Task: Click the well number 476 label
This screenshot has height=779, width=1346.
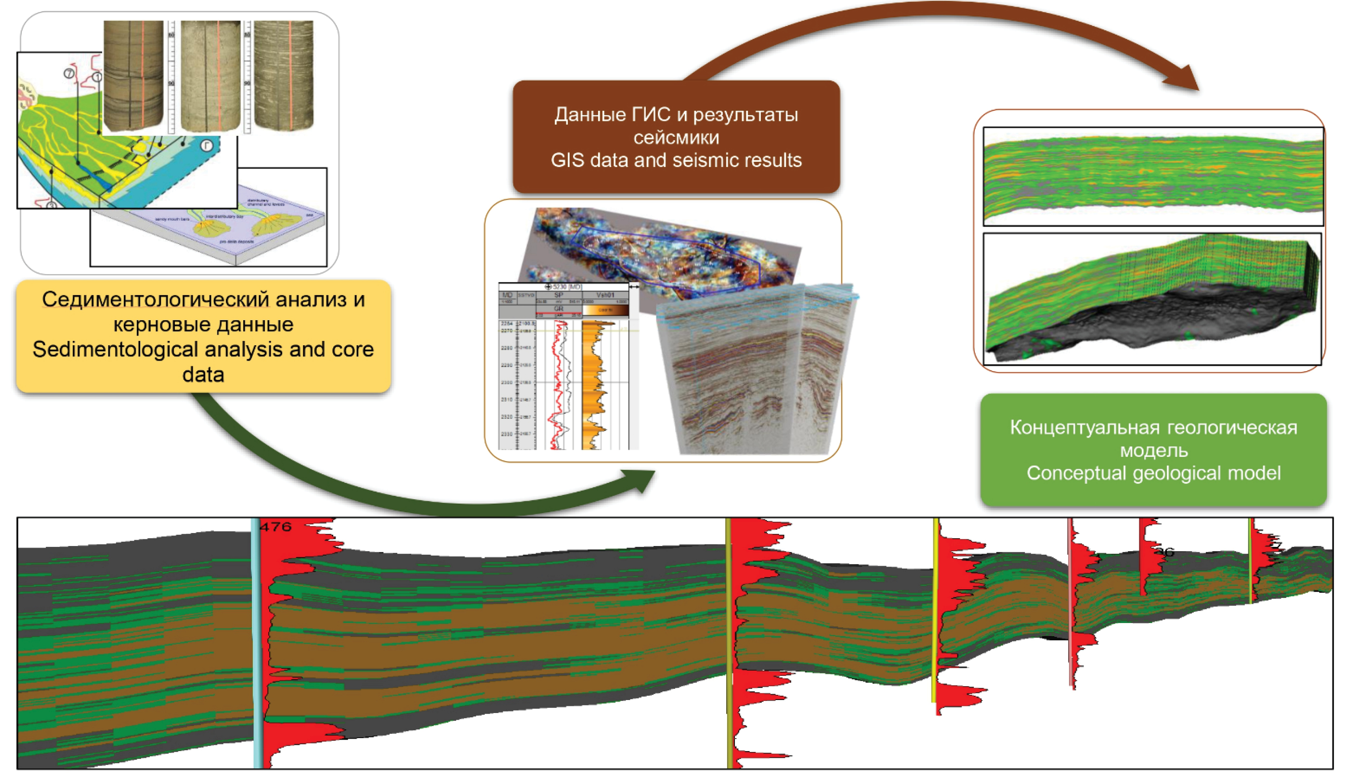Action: (x=275, y=527)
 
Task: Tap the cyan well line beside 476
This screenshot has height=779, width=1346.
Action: (x=257, y=641)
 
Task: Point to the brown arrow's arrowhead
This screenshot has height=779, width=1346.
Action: (x=1183, y=80)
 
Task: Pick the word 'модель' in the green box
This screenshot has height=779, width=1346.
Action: (x=1154, y=451)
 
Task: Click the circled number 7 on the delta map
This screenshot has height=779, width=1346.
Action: (x=69, y=74)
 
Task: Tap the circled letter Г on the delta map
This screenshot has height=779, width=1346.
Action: (x=207, y=145)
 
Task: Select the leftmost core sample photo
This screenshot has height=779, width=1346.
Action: (x=133, y=75)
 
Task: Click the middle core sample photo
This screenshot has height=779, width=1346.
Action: (x=210, y=75)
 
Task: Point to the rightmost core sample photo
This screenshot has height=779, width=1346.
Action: (x=284, y=75)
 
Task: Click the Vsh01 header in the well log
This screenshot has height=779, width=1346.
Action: (x=605, y=295)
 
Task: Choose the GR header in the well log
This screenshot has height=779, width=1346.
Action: (x=559, y=309)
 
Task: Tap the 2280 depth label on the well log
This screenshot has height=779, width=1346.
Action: (x=506, y=348)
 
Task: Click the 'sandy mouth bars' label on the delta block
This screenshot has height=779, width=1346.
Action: (x=172, y=220)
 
